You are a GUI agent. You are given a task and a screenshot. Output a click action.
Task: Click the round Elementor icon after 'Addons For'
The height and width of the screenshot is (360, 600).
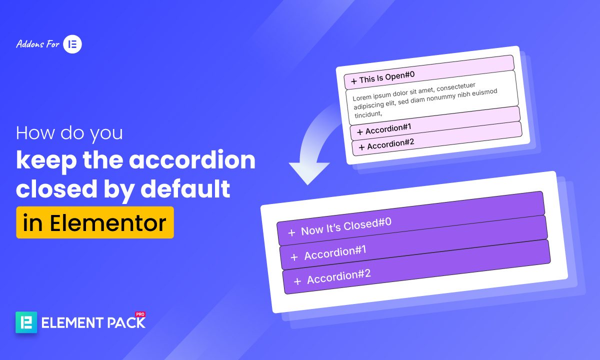click(72, 44)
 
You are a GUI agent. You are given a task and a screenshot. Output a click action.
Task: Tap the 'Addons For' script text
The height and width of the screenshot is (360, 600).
click(37, 44)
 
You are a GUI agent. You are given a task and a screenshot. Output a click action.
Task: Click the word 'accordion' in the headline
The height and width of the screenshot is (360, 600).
click(192, 161)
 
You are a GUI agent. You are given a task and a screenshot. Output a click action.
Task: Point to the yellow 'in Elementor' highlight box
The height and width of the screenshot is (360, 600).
click(95, 222)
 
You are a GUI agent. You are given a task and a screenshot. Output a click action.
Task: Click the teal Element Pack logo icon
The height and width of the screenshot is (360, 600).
click(26, 322)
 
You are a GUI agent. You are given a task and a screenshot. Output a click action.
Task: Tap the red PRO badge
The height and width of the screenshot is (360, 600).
click(140, 314)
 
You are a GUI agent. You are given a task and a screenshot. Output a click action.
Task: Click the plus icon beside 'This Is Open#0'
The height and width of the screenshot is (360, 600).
click(354, 80)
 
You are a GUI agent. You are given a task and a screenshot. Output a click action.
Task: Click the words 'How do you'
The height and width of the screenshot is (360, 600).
click(69, 134)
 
